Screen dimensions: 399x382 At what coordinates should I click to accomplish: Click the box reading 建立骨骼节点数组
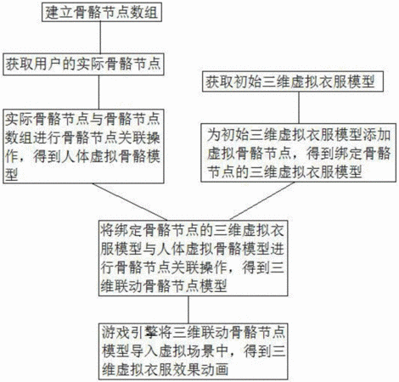(x=102, y=12)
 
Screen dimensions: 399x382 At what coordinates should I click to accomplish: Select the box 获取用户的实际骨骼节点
(x=83, y=64)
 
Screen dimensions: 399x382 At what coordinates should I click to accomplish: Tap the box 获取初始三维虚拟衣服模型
(x=293, y=81)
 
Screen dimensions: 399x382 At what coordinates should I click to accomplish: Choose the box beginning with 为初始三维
(x=299, y=153)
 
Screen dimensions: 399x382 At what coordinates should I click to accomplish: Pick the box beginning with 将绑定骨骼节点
(x=194, y=258)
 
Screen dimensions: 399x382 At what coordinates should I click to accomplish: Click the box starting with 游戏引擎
(x=194, y=351)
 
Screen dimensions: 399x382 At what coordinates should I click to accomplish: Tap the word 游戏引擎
(x=130, y=333)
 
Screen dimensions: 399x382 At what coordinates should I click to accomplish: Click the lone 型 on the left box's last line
(x=12, y=175)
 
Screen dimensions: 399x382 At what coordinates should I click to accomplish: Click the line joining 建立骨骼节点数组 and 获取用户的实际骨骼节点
(x=100, y=37)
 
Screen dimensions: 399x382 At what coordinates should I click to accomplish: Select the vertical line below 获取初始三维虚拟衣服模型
(x=299, y=108)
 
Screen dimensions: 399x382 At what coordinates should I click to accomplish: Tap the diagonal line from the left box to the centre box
(x=130, y=202)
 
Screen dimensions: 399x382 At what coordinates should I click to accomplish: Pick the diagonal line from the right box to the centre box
(x=262, y=200)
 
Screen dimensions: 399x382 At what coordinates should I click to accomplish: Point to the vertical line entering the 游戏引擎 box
(x=188, y=310)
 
